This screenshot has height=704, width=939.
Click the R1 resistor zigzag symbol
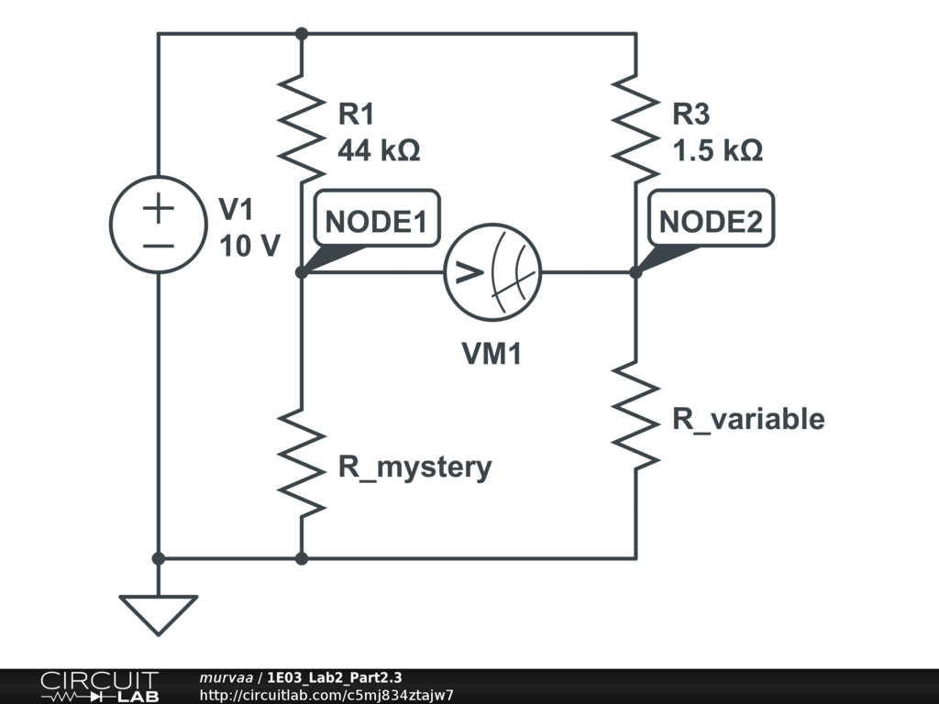tap(301, 128)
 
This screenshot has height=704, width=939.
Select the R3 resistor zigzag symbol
tap(635, 128)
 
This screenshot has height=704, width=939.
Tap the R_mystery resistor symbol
tap(301, 463)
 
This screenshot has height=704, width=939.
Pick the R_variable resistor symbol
tap(635, 415)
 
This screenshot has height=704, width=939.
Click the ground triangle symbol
tap(158, 615)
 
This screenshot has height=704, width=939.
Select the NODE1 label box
tap(377, 218)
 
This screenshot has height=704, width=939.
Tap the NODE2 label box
tap(711, 218)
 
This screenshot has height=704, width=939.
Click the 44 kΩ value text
tap(379, 149)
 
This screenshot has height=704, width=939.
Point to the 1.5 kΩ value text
tap(717, 149)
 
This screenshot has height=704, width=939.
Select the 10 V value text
tap(249, 246)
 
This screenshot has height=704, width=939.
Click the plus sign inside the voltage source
tap(158, 208)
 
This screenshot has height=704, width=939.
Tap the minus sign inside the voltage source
tap(158, 246)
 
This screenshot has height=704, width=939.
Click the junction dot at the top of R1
tap(302, 34)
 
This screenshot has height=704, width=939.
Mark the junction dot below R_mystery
tap(302, 558)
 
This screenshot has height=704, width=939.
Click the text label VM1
tap(492, 353)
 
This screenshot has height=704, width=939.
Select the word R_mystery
tap(415, 467)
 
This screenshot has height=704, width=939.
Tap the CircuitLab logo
tap(99, 687)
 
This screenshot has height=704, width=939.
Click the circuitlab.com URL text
tap(326, 695)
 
